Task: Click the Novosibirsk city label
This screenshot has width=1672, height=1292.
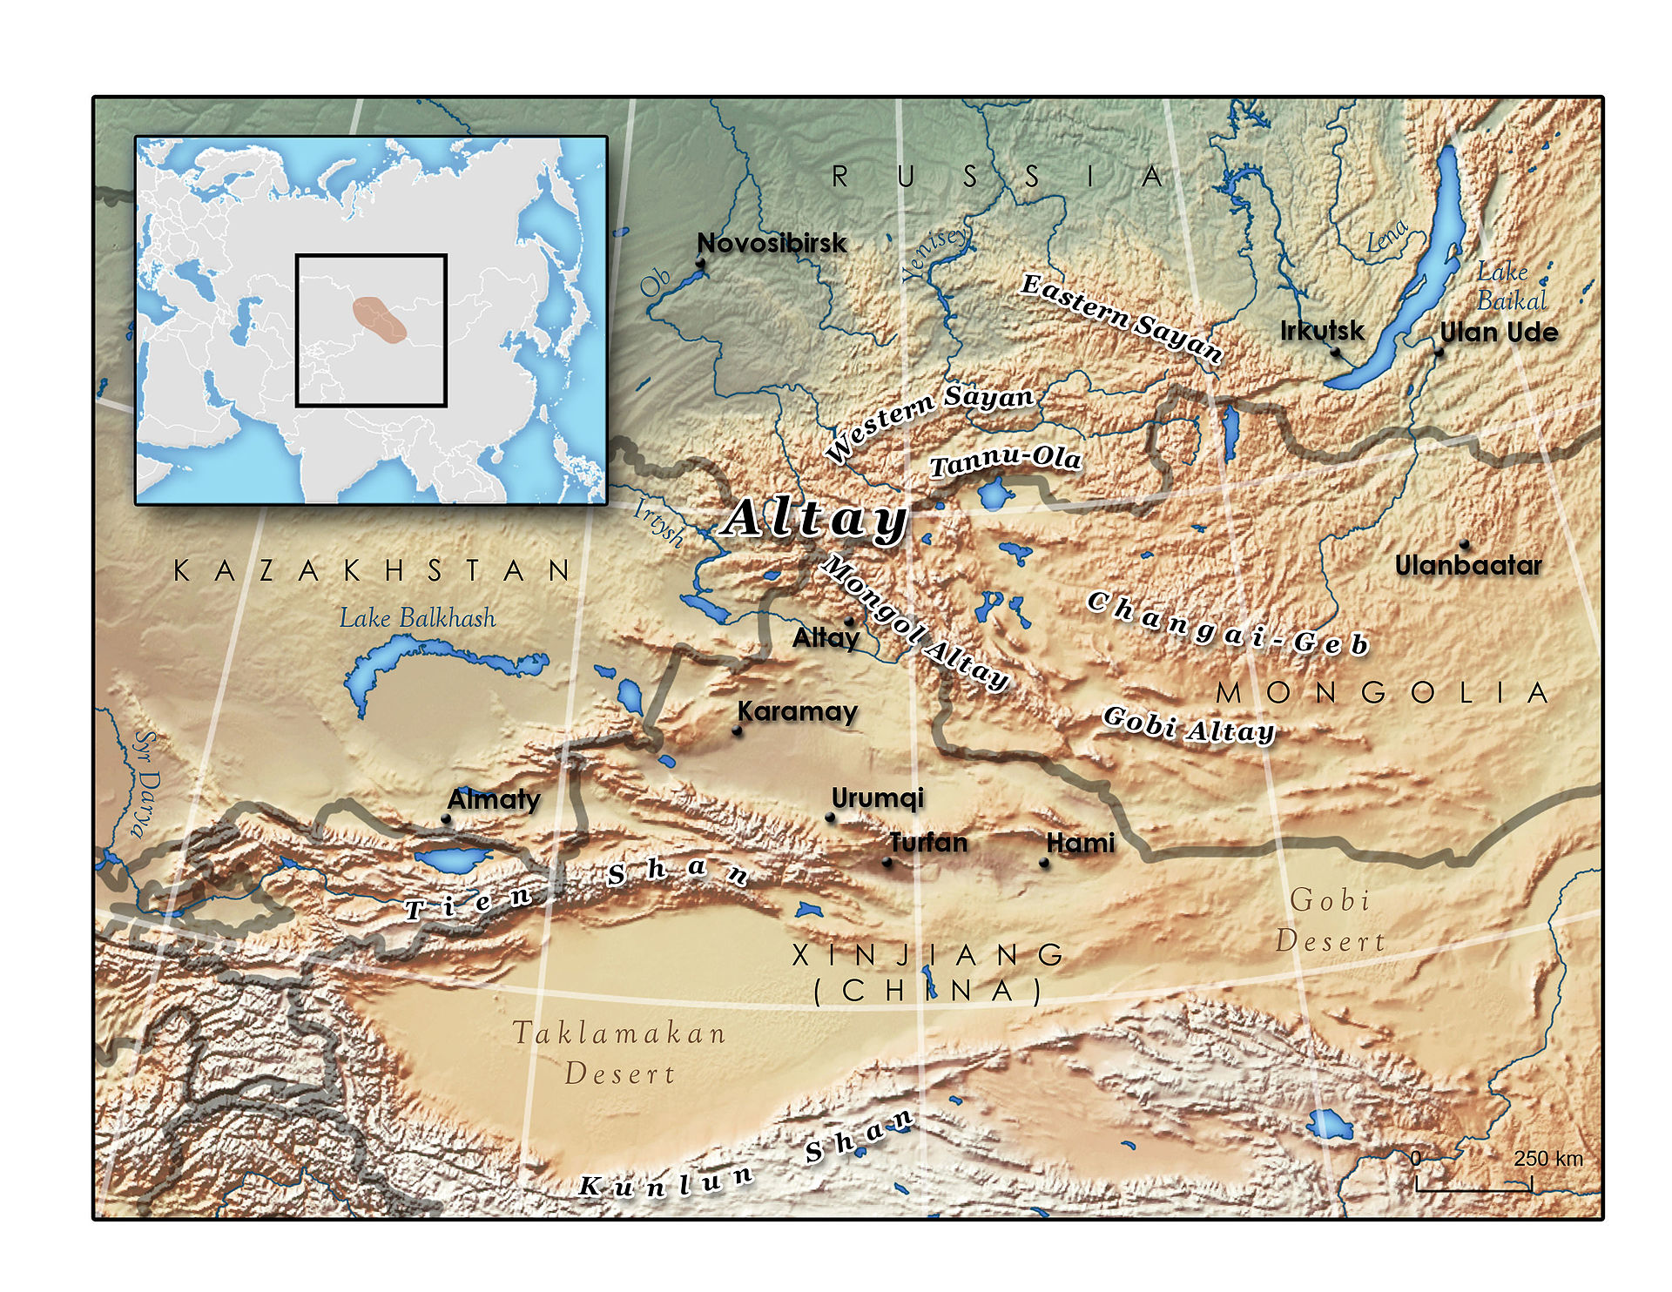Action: click(772, 244)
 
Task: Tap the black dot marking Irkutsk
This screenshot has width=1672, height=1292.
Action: click(1335, 352)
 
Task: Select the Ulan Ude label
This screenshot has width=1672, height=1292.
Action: click(1499, 333)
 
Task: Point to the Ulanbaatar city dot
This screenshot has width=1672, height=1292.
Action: click(1465, 545)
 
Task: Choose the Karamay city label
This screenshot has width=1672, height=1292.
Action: click(798, 712)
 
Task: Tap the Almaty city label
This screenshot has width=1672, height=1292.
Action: click(494, 799)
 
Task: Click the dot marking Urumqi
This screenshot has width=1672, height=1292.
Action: click(830, 818)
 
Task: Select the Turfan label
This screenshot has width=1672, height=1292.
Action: click(928, 843)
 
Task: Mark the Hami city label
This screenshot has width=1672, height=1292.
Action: click(1080, 843)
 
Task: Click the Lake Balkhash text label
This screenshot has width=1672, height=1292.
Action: click(417, 618)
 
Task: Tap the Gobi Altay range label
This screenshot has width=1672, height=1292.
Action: click(1188, 726)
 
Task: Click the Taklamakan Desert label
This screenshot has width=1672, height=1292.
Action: click(619, 1053)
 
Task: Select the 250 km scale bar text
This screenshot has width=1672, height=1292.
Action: click(1547, 1159)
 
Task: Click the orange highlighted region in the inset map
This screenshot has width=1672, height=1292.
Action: click(380, 319)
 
